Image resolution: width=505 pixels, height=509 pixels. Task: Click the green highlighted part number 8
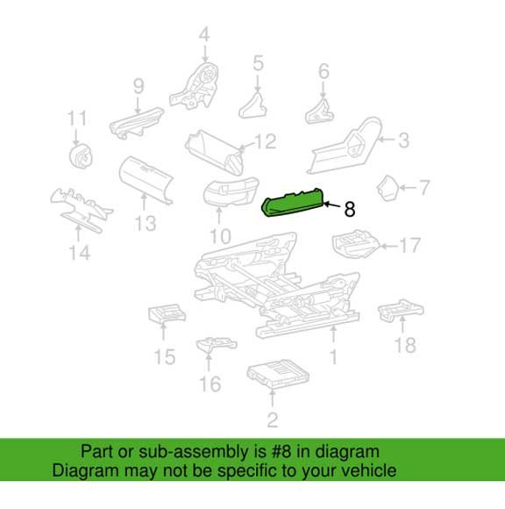click(294, 203)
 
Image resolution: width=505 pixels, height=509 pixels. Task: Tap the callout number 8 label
click(349, 209)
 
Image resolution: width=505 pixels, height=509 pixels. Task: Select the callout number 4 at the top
click(204, 34)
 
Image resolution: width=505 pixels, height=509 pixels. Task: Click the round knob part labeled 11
click(81, 156)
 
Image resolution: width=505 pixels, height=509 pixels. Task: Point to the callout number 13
click(146, 223)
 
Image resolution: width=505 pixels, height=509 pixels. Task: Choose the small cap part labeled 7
click(388, 188)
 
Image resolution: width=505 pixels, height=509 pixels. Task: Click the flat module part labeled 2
click(278, 373)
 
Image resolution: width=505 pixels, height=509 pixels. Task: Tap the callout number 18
click(405, 345)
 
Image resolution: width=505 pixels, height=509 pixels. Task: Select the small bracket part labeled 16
click(217, 345)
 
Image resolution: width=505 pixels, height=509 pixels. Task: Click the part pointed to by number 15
click(167, 314)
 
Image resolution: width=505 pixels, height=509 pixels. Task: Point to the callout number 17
click(410, 245)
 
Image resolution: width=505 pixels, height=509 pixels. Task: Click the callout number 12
click(266, 142)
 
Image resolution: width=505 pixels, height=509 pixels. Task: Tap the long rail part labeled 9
click(137, 123)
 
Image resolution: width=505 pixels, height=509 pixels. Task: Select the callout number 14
click(80, 253)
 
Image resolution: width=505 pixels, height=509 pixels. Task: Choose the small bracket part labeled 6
click(320, 111)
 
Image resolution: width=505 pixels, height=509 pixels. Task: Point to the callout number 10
click(220, 237)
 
